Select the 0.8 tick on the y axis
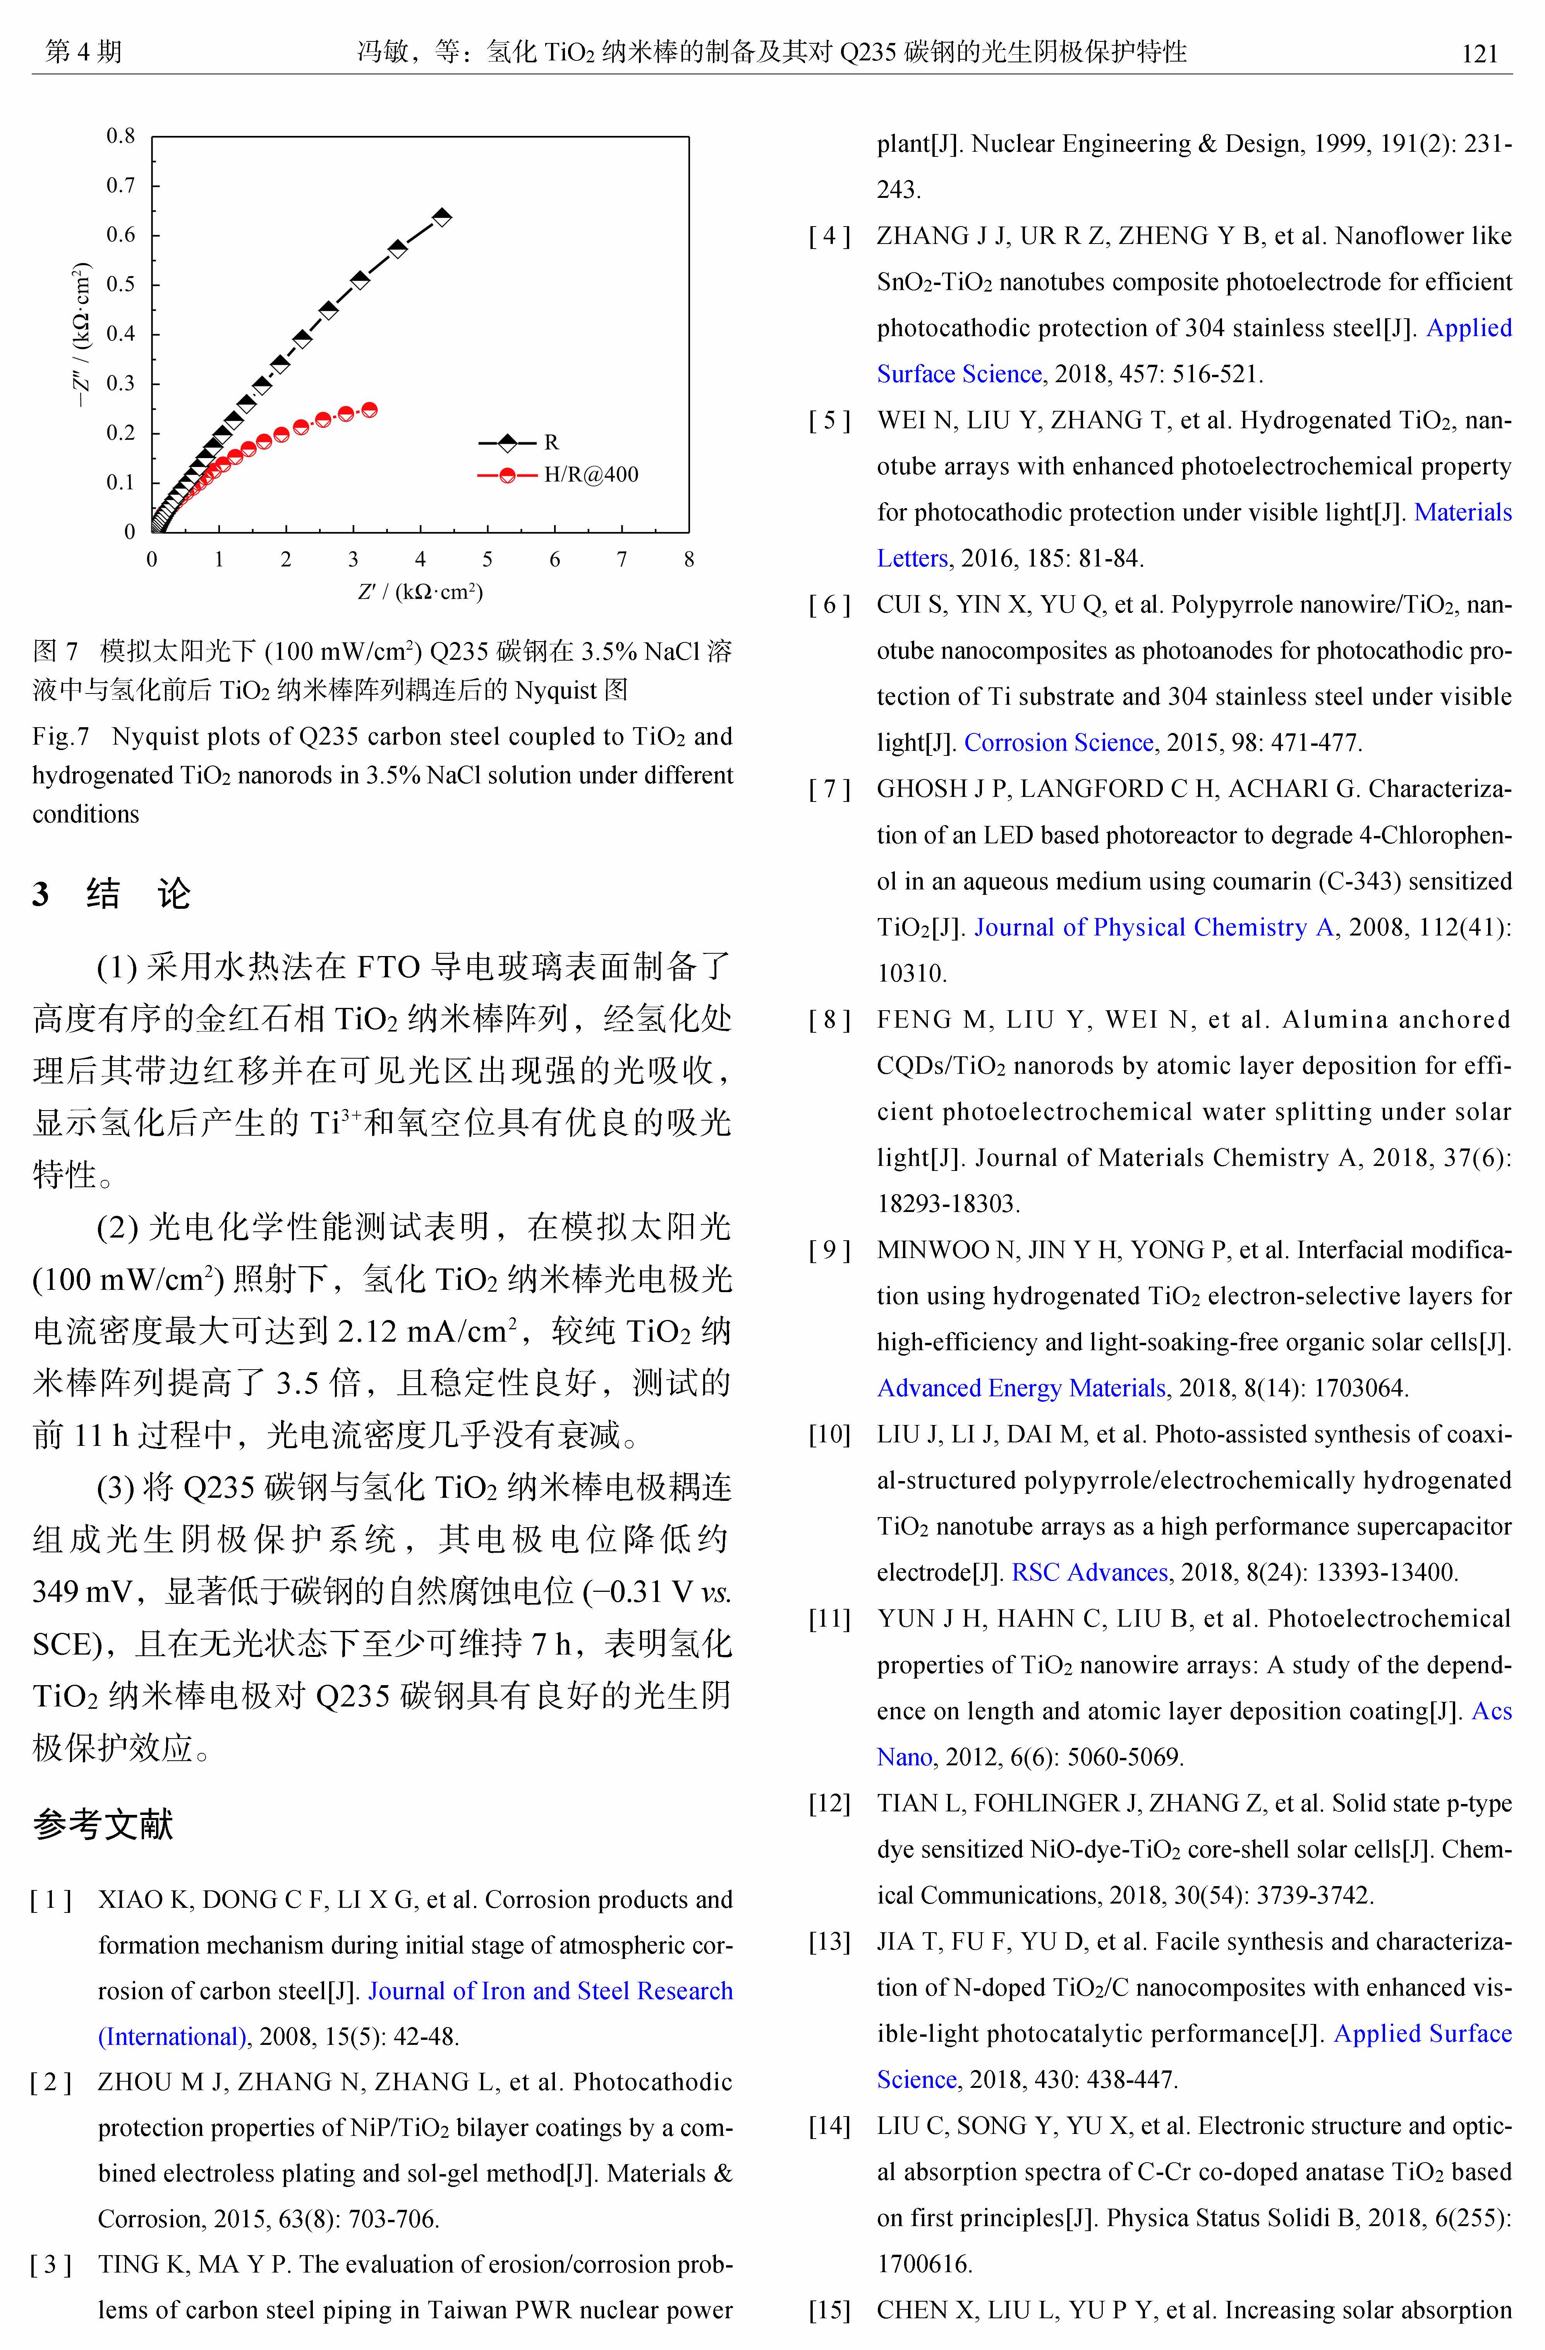120,136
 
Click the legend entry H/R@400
591,475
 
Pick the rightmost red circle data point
369,410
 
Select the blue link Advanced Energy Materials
1021,1388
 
